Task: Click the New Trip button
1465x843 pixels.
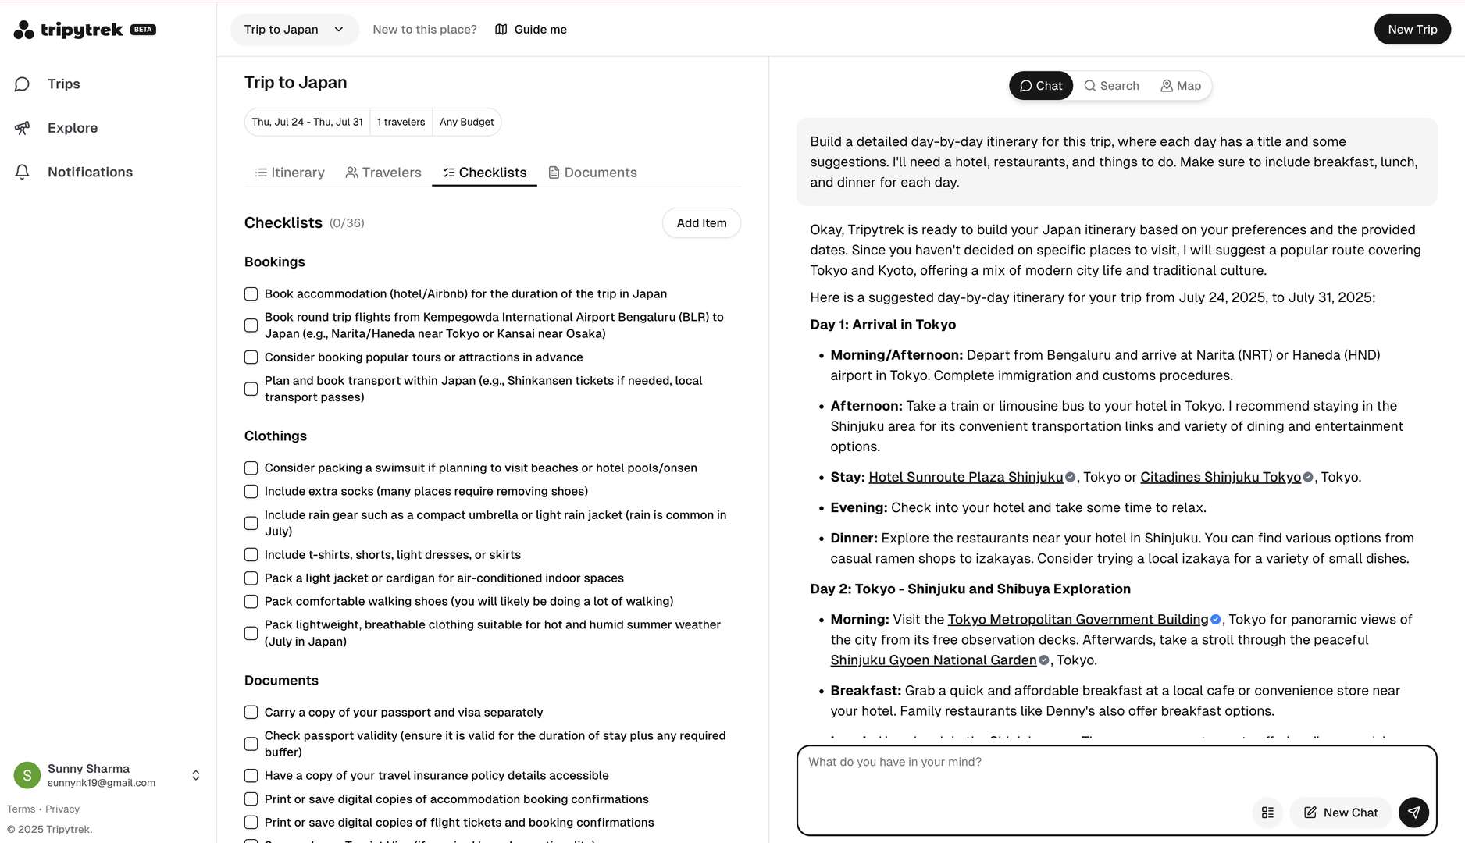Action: click(1412, 30)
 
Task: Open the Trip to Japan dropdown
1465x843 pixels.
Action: click(294, 30)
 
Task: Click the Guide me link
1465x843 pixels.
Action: click(531, 30)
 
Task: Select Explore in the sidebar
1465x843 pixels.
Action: click(72, 128)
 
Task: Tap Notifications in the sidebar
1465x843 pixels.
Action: click(90, 172)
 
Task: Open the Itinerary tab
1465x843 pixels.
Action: click(290, 173)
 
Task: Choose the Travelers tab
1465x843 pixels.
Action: click(383, 173)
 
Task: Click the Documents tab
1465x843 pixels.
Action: click(593, 173)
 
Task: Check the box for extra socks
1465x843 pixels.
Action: click(251, 492)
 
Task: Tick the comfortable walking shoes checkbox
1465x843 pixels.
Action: click(251, 602)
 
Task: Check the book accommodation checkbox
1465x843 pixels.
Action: click(251, 294)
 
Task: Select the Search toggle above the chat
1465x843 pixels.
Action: click(1111, 86)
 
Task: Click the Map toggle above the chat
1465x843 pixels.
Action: click(1181, 86)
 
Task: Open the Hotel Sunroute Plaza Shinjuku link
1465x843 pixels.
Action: click(965, 477)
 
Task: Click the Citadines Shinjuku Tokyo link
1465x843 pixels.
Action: click(1220, 477)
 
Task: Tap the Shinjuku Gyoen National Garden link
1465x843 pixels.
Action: click(933, 660)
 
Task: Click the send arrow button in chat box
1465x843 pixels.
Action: click(1413, 813)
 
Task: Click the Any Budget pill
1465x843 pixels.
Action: click(466, 123)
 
